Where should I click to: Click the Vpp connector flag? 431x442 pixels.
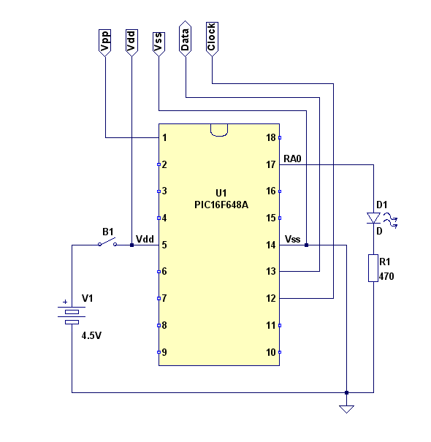pyautogui.click(x=105, y=42)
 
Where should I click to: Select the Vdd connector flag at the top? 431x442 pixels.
pyautogui.click(x=131, y=42)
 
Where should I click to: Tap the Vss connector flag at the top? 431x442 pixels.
pyautogui.click(x=159, y=45)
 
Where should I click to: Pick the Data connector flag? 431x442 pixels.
pyautogui.click(x=186, y=39)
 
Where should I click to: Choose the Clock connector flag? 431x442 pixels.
pyautogui.click(x=212, y=39)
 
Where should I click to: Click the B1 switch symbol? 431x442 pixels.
pyautogui.click(x=107, y=243)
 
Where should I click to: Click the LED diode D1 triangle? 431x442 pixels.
pyautogui.click(x=373, y=218)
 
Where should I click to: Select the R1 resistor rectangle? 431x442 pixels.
pyautogui.click(x=373, y=268)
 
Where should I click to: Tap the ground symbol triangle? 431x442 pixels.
pyautogui.click(x=346, y=409)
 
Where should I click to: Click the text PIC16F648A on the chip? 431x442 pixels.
pyautogui.click(x=221, y=205)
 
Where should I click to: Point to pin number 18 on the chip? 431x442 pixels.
pyautogui.click(x=271, y=137)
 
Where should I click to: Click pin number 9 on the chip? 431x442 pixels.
pyautogui.click(x=164, y=352)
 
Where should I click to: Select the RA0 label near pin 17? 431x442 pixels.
pyautogui.click(x=292, y=159)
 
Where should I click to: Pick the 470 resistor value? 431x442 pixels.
pyautogui.click(x=386, y=276)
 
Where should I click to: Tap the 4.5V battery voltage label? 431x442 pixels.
pyautogui.click(x=91, y=336)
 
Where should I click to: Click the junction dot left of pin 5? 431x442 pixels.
pyautogui.click(x=131, y=245)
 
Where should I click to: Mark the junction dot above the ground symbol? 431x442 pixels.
pyautogui.click(x=346, y=392)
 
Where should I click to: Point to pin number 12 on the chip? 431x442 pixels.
pyautogui.click(x=271, y=298)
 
